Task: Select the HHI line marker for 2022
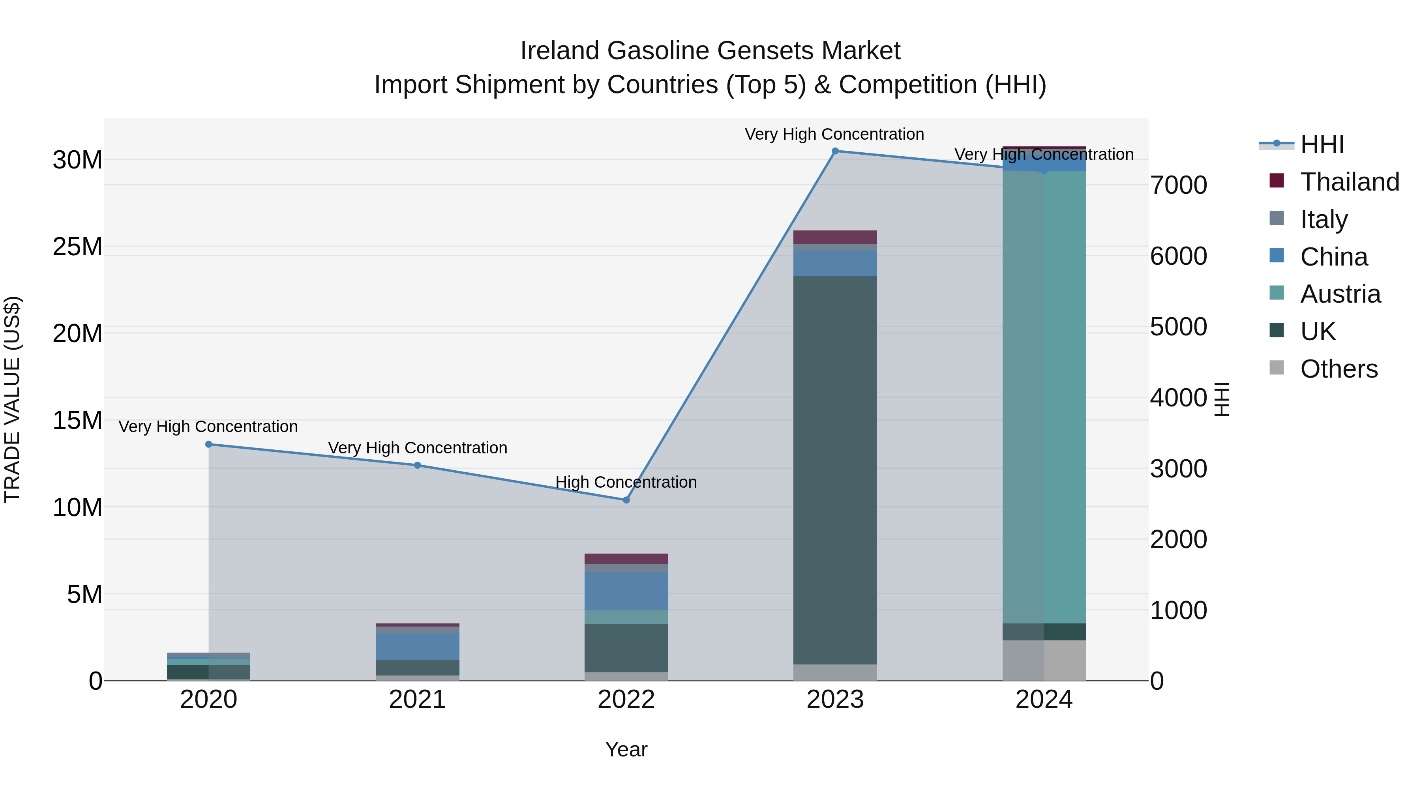[626, 500]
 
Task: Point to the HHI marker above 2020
[208, 444]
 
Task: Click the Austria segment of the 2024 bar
[1044, 397]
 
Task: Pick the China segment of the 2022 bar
[626, 591]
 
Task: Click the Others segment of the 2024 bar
[1044, 660]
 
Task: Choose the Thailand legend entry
[1349, 182]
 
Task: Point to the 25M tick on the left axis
[77, 247]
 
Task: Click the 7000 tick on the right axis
[1179, 185]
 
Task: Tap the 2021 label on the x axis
[417, 700]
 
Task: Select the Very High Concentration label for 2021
[418, 448]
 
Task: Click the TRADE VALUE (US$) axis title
[12, 399]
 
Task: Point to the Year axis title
[626, 749]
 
